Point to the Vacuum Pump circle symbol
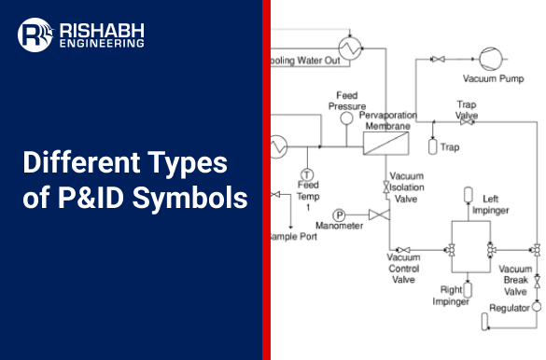(490, 58)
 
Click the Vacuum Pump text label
(493, 78)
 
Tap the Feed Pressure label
(346, 100)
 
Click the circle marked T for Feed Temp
(307, 175)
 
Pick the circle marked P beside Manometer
(313, 215)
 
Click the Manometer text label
(339, 226)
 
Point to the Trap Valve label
(467, 110)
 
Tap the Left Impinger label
(495, 204)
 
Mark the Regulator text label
(510, 306)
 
